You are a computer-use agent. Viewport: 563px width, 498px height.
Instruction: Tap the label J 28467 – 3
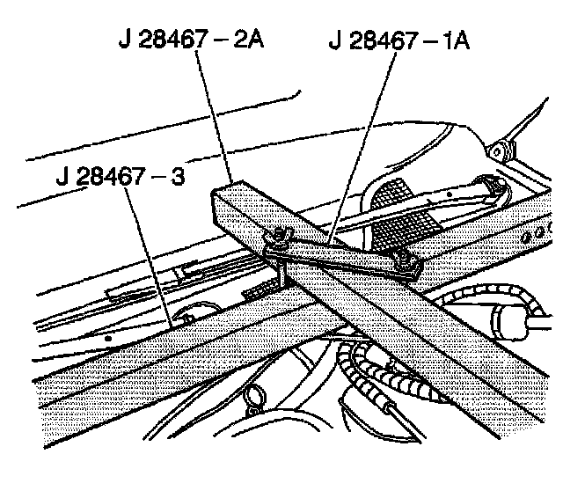(119, 172)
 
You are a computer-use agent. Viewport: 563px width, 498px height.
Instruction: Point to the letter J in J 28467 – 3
(60, 172)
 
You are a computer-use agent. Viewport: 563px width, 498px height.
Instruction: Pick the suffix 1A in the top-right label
(458, 40)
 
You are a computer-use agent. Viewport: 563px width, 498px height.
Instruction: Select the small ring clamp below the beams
(256, 397)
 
